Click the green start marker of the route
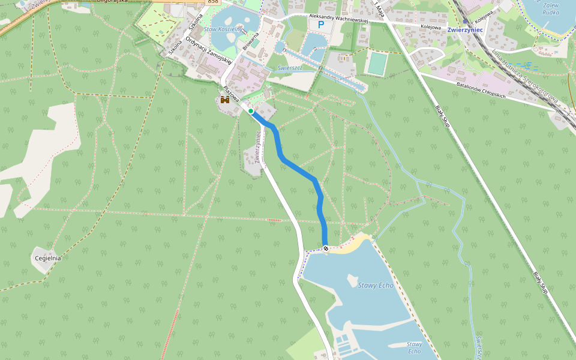tap(251, 111)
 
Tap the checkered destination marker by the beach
tap(326, 248)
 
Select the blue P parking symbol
tap(321, 25)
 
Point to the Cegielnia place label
tap(48, 258)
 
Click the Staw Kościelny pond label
tap(223, 29)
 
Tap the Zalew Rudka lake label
tap(550, 8)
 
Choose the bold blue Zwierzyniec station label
tap(465, 30)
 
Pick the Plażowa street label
tap(231, 94)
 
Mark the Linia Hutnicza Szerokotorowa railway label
tap(525, 77)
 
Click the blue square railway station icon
tap(465, 21)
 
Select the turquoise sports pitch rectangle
tap(377, 64)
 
